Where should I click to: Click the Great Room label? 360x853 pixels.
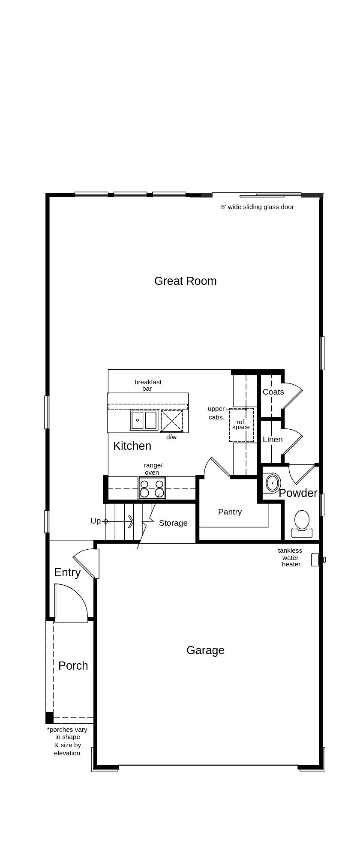185,281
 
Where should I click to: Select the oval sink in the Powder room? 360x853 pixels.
272,483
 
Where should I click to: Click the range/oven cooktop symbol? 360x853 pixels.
152,488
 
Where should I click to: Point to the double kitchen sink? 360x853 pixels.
144,420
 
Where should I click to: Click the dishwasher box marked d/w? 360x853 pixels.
172,421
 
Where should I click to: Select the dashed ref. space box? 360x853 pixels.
241,425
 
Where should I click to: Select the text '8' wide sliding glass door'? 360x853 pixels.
257,207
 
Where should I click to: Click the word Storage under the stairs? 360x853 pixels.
173,523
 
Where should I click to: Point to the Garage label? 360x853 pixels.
205,650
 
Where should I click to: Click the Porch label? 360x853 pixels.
73,666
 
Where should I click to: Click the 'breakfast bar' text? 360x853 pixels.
148,385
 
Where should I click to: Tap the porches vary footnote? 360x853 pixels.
67,741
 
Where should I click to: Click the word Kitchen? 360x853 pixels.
132,446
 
